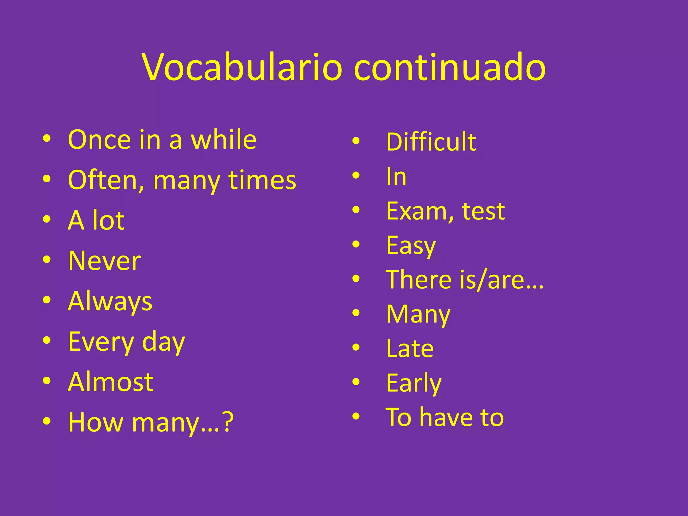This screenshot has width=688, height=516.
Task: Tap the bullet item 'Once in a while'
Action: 162,140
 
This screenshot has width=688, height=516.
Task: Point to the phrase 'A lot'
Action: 96,221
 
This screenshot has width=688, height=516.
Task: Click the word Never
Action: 104,261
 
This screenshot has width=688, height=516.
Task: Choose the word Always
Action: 110,302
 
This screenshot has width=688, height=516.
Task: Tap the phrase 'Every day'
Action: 126,342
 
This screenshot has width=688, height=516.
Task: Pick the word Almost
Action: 111,382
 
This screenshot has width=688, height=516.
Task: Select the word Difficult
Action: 431,142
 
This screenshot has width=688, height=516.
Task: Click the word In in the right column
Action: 396,177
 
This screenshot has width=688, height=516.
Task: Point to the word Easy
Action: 411,246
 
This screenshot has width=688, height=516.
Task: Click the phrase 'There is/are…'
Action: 464,280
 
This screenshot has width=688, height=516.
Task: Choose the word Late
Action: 410,349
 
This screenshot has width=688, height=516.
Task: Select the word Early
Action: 414,383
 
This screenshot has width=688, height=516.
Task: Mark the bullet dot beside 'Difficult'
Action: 356,141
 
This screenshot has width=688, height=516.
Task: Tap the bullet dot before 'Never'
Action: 47,260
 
